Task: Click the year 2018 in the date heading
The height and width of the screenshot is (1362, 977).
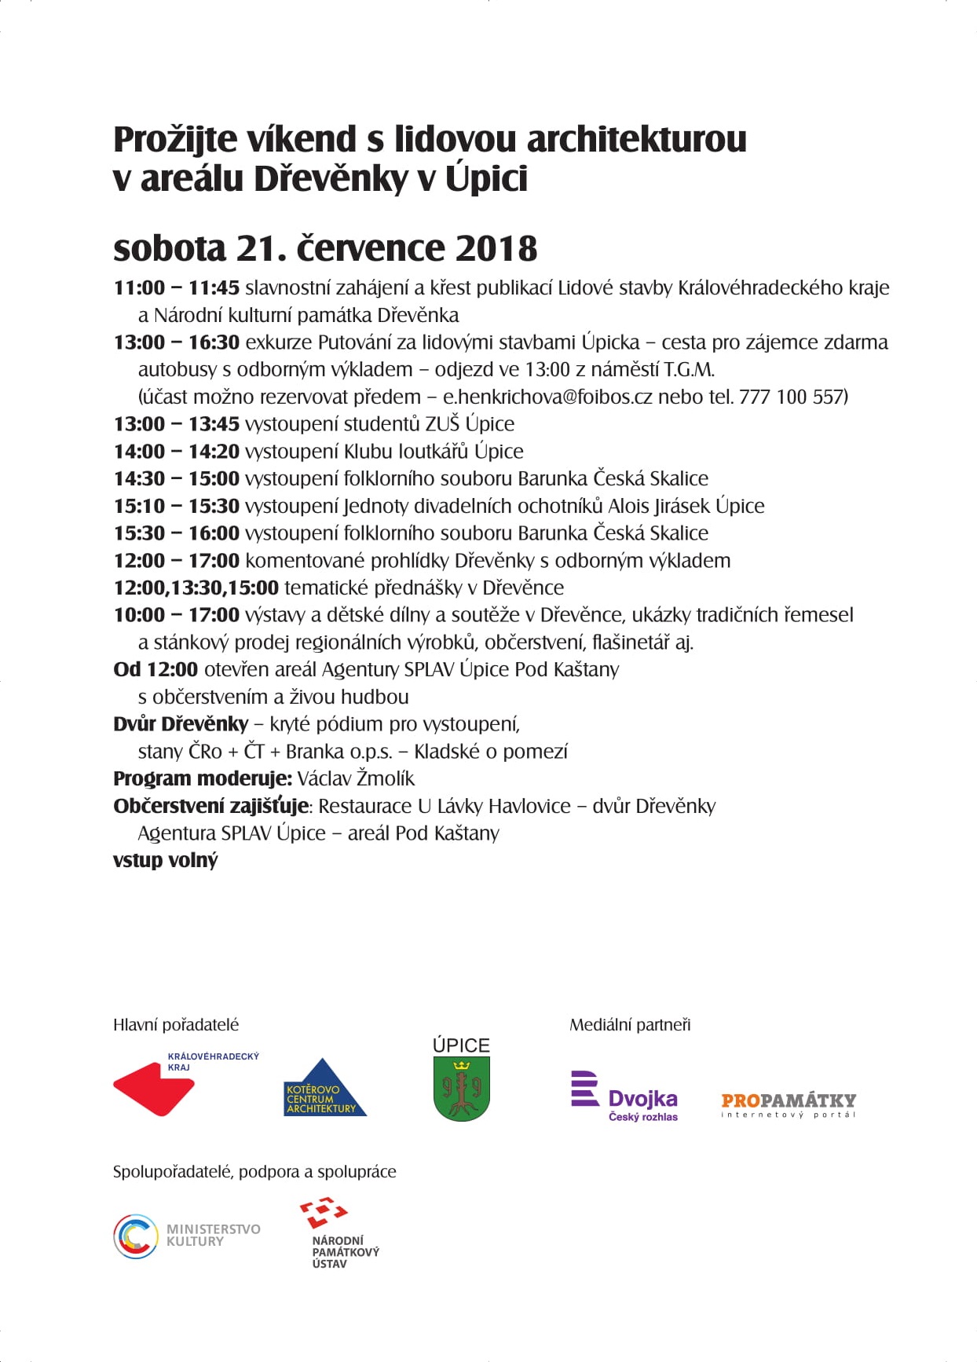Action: tap(496, 249)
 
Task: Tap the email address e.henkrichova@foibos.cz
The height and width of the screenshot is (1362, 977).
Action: tap(547, 397)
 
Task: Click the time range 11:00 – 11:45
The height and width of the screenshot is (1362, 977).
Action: tap(176, 288)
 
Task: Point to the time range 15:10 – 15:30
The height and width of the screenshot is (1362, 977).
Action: tap(176, 506)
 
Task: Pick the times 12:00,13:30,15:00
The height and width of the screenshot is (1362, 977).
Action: tap(196, 588)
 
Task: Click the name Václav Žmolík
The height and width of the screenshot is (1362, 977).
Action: tap(356, 778)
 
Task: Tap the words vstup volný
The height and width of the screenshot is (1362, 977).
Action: tap(165, 860)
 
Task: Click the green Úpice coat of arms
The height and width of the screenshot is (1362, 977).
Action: tap(462, 1088)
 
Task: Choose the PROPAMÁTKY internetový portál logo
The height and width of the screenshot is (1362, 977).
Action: tap(789, 1104)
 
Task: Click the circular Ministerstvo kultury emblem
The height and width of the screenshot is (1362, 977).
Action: tap(136, 1236)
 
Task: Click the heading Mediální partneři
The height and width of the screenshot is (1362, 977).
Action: tap(630, 1024)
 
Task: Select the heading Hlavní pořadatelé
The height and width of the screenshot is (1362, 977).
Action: tap(176, 1024)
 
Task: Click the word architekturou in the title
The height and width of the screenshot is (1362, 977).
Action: tap(636, 140)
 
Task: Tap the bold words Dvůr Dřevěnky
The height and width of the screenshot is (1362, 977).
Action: tap(181, 723)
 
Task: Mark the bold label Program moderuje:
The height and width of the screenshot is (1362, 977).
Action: tap(203, 778)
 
